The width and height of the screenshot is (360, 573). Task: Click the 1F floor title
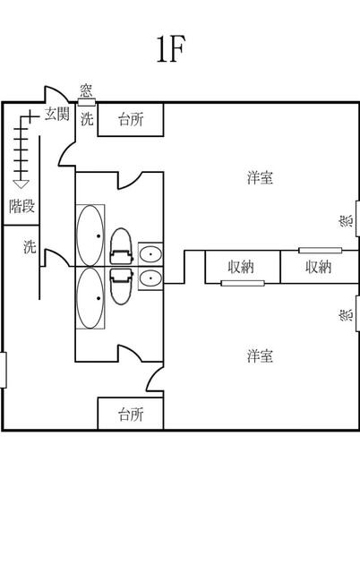[171, 49]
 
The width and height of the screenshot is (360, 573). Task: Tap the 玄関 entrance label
[57, 114]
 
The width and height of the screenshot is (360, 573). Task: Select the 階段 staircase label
[21, 207]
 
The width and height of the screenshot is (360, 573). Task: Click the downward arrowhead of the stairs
[21, 184]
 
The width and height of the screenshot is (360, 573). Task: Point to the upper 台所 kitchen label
[131, 119]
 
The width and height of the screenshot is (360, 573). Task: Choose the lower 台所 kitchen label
[131, 415]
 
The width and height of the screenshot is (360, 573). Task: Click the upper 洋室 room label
[260, 177]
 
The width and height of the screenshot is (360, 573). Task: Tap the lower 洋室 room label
[260, 355]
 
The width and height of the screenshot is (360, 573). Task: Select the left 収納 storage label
[241, 267]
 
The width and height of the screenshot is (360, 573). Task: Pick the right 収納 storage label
[318, 267]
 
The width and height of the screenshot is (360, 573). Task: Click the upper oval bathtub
[90, 235]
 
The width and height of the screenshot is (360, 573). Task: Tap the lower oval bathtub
[90, 298]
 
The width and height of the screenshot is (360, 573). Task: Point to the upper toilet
[121, 246]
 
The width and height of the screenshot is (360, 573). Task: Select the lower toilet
[121, 286]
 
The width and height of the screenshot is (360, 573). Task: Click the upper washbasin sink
[150, 253]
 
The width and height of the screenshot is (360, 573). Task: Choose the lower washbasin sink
[150, 278]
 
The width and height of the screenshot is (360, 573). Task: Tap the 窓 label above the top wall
[86, 90]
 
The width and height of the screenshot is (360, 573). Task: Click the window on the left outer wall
[4, 370]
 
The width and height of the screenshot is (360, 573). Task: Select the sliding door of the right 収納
[321, 251]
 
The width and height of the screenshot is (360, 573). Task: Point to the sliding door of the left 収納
[243, 283]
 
